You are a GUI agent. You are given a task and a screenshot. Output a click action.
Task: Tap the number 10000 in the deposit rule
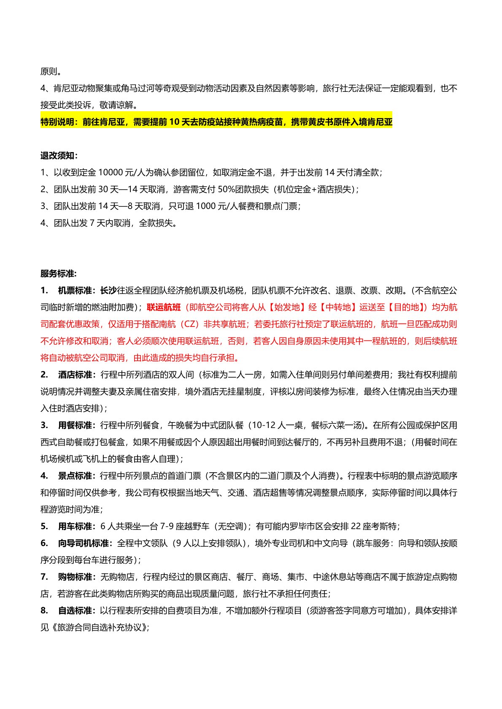point(111,172)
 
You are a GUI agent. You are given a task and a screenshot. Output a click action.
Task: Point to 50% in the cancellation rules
point(226,189)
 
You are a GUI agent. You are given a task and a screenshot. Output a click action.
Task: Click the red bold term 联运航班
point(164,307)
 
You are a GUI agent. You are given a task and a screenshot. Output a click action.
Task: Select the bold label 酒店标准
point(76,375)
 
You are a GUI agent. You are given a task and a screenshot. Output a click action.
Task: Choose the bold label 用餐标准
point(76,425)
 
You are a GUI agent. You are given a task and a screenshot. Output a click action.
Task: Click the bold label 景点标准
point(76,476)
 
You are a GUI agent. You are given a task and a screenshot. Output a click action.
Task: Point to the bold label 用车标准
point(76,526)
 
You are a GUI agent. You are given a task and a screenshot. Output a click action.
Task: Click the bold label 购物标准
point(76,577)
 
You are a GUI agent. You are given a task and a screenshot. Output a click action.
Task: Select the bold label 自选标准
point(76,610)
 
